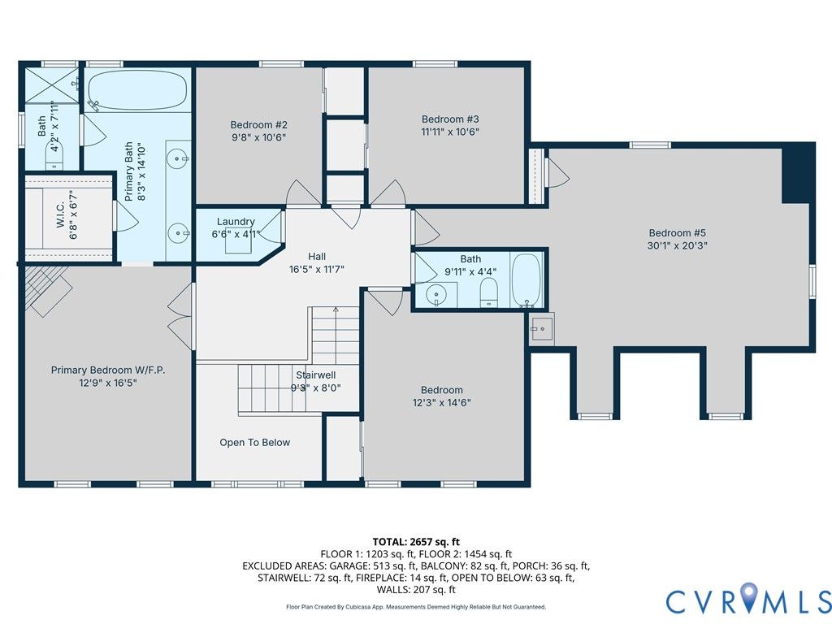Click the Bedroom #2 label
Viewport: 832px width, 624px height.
point(259,124)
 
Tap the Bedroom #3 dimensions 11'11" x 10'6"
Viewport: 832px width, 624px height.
point(450,132)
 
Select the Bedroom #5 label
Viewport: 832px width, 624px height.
point(678,233)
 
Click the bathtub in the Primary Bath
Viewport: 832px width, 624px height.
point(137,90)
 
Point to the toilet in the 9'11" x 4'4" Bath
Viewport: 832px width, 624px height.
point(488,293)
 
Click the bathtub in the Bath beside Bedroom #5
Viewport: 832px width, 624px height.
point(526,280)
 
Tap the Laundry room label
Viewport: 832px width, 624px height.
point(236,221)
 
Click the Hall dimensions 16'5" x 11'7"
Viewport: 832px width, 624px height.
point(317,269)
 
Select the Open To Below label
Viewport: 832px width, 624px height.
point(254,443)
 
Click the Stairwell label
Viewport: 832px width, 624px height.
point(316,375)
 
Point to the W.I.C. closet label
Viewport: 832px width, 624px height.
point(60,214)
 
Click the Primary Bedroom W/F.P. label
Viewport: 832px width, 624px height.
point(108,370)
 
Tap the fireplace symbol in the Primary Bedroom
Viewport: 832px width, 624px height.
point(48,290)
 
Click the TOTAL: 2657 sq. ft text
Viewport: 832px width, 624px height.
point(416,542)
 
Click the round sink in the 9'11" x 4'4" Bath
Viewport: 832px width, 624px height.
point(436,293)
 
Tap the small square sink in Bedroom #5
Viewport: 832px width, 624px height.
point(541,329)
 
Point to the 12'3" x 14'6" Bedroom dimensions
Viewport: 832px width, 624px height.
point(441,403)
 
